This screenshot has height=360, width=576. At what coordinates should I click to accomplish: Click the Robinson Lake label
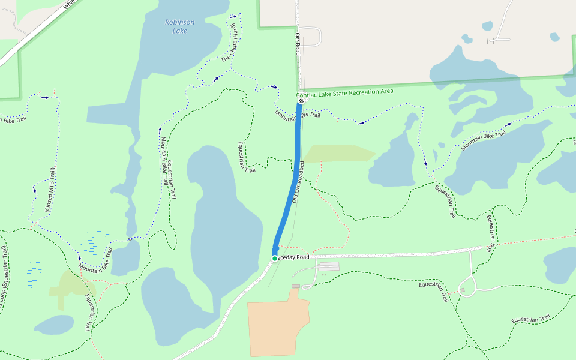[179, 26]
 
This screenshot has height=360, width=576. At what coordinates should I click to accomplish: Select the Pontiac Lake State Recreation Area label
[345, 92]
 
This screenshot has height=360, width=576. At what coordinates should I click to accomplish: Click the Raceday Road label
[294, 257]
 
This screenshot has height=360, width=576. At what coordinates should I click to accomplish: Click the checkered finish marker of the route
[301, 101]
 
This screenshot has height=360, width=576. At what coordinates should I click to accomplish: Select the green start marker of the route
[275, 259]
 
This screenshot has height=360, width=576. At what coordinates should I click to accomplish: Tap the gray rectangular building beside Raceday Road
[329, 266]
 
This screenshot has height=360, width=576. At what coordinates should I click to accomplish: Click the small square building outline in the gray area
[491, 41]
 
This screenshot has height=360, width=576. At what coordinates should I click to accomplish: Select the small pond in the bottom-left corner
[54, 325]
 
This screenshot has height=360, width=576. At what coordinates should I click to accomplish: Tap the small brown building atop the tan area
[295, 286]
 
